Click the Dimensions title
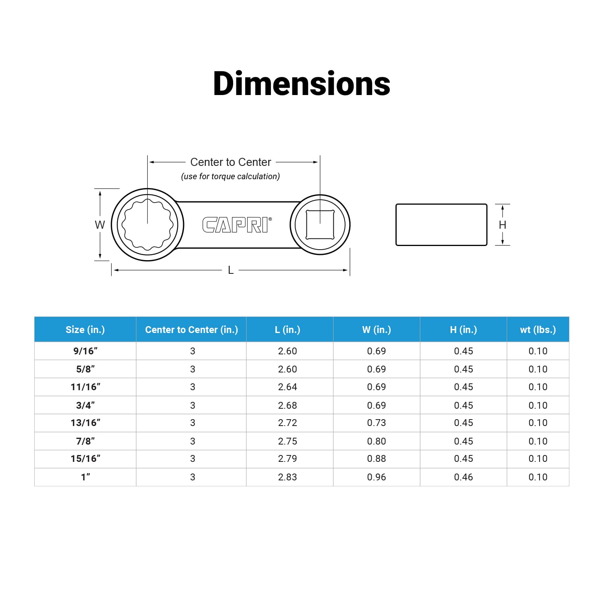pos(302,83)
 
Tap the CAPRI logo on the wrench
pos(237,225)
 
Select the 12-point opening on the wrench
pos(148,224)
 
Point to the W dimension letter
pos(100,225)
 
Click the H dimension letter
pos(503,225)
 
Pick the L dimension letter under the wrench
pos(231,270)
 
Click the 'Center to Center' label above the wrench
pos(231,162)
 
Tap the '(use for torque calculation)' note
pos(230,176)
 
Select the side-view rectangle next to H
pos(441,225)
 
